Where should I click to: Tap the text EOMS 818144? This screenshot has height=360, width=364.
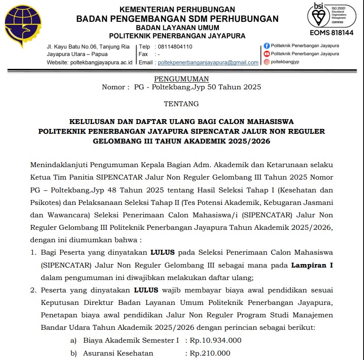(x=331, y=33)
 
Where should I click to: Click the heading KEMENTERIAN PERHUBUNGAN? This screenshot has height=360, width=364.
(x=177, y=9)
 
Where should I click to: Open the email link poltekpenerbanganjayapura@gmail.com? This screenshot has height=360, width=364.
(x=208, y=63)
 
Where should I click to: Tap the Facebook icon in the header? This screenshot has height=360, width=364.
(x=267, y=46)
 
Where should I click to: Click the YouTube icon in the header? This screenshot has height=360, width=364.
(x=267, y=54)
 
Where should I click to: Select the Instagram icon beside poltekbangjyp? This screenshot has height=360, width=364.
(x=267, y=62)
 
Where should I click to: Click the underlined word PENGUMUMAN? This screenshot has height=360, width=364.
(x=181, y=79)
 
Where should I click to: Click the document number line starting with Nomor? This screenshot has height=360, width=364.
(x=181, y=87)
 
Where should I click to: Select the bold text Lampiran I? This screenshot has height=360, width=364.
(x=312, y=265)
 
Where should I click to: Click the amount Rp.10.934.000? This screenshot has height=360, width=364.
(x=215, y=340)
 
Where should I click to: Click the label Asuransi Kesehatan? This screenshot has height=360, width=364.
(x=118, y=353)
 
